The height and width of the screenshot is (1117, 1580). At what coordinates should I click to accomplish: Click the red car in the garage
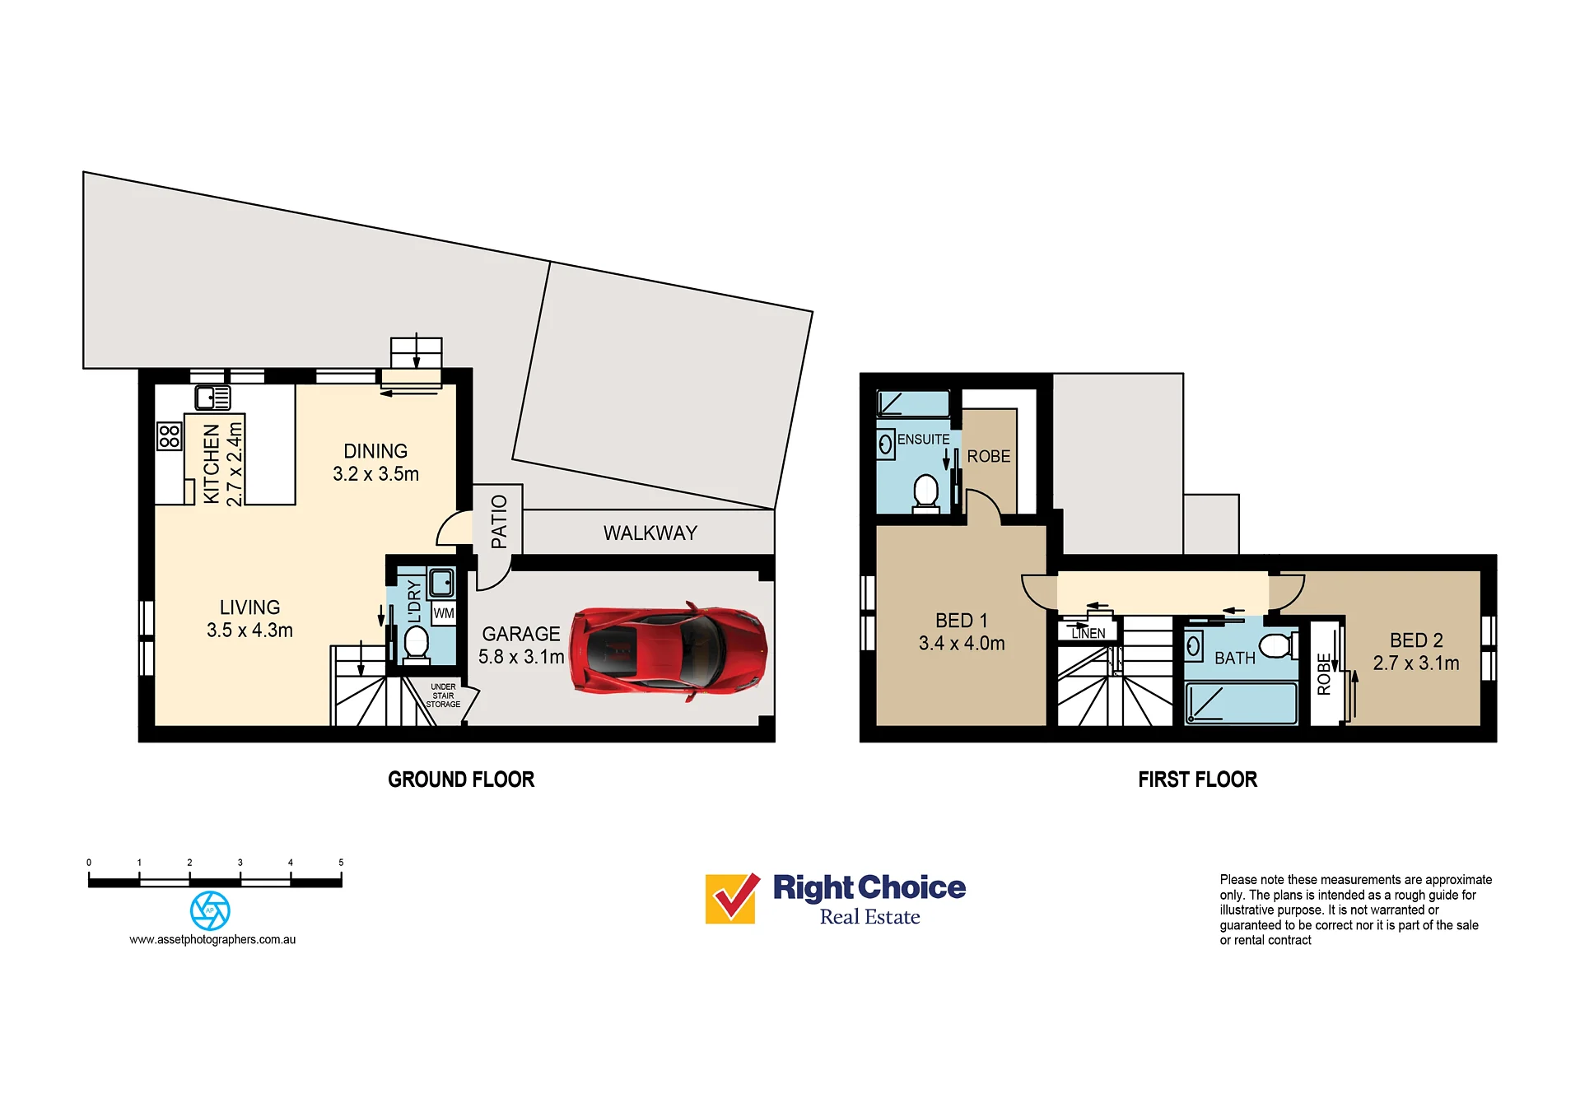(x=669, y=651)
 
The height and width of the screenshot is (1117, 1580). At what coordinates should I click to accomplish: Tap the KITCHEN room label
(x=212, y=463)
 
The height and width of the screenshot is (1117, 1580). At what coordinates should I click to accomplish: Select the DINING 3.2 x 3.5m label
(x=375, y=463)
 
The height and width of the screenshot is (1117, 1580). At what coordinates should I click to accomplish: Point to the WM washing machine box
(x=444, y=613)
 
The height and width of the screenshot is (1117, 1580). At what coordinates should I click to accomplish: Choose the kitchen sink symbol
(x=212, y=398)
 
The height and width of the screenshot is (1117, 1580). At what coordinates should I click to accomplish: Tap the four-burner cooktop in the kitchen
(x=169, y=436)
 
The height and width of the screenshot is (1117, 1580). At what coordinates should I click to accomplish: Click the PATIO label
(x=499, y=522)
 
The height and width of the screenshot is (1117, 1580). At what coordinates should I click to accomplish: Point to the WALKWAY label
(x=650, y=533)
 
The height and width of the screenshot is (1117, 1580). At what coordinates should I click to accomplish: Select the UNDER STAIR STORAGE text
(x=443, y=696)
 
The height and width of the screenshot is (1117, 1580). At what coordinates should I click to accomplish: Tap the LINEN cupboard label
(x=1088, y=634)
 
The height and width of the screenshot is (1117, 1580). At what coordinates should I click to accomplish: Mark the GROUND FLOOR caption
(x=461, y=780)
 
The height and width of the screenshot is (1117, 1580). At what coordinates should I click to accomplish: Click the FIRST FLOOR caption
(x=1198, y=780)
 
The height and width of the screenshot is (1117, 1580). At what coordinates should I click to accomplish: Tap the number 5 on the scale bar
(x=341, y=863)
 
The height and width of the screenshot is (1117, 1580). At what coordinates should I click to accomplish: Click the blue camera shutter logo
(x=210, y=910)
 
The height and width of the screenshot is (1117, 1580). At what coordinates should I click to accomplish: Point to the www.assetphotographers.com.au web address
(x=212, y=939)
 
